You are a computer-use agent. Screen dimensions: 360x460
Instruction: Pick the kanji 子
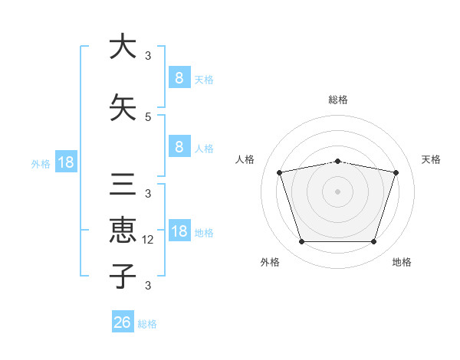point(121,276)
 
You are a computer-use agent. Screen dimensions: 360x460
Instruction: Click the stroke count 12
point(149,240)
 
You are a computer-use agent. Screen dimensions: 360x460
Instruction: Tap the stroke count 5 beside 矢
point(147,116)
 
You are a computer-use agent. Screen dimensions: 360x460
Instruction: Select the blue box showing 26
point(122,322)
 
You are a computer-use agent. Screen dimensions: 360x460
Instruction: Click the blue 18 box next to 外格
point(65,162)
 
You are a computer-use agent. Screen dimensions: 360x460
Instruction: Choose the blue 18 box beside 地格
point(179,231)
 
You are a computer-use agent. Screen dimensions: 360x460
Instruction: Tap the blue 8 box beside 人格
point(179,148)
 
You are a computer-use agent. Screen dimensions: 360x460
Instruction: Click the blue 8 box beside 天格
point(179,78)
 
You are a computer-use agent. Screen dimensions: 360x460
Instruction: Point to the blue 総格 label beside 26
point(147,324)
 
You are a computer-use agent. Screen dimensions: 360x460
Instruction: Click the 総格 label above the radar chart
point(337,100)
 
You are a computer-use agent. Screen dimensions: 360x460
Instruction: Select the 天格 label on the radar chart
point(432,159)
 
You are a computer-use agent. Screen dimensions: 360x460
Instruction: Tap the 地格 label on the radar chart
point(402,262)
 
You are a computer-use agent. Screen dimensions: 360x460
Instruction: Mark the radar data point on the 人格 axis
point(280,173)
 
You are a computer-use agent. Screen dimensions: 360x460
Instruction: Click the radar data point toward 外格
point(301,242)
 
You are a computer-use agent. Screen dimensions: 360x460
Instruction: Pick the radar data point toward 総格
point(337,161)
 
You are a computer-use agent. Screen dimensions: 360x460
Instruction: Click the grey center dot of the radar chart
point(337,191)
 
